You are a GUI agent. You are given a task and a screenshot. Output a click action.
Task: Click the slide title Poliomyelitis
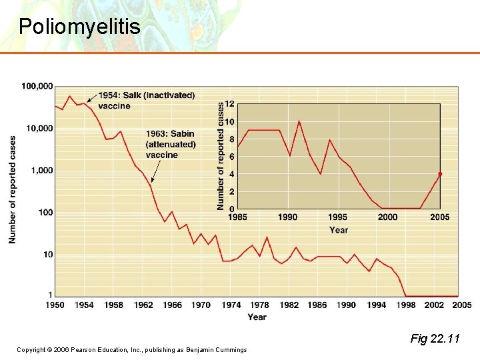79,27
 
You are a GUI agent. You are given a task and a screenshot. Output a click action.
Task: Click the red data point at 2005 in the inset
440,174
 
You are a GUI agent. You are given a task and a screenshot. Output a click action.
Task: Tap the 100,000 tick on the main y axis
37,86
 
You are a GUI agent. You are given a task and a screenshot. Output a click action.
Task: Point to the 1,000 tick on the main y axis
41,171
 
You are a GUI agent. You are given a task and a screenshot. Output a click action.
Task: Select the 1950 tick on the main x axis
55,305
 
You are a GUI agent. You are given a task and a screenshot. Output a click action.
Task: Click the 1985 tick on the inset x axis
238,217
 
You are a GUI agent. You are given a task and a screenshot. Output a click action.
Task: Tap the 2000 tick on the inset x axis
387,217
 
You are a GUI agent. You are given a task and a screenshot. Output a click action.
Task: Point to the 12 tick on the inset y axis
230,104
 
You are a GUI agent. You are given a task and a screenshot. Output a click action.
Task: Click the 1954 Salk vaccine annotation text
147,101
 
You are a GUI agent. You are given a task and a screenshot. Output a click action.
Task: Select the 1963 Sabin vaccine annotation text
171,144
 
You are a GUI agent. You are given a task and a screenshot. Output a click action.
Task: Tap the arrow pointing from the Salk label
92,99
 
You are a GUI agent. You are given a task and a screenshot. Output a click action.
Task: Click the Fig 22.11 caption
435,339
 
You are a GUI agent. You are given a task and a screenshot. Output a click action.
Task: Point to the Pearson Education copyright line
132,350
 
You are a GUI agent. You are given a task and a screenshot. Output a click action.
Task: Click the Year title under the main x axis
257,317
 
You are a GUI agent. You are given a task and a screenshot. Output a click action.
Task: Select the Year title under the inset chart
339,230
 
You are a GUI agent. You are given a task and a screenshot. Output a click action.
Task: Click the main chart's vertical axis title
13,190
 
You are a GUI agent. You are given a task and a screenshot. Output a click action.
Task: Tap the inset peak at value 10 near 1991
299,121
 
